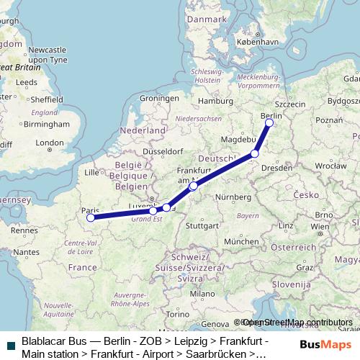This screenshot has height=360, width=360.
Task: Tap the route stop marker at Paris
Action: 90,217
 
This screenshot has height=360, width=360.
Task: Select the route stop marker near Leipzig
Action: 254,153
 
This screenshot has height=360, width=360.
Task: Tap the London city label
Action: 50,143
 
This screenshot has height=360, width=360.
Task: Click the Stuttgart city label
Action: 202,225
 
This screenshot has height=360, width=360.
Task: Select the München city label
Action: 239,242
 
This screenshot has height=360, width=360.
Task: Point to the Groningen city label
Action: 158,98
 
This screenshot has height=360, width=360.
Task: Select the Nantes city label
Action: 26,252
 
